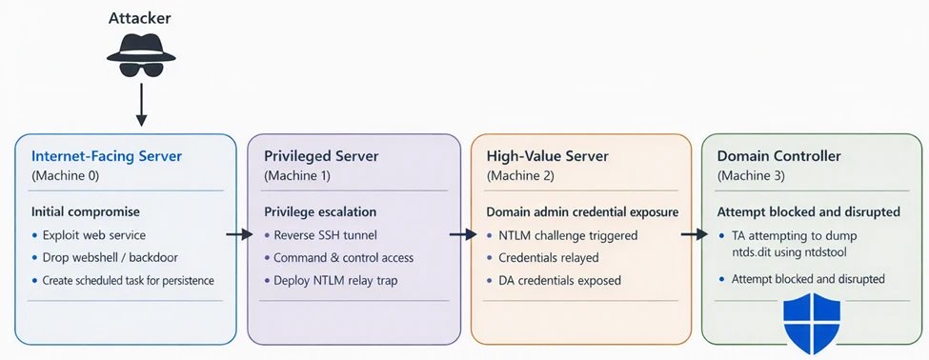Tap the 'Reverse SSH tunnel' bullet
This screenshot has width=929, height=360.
327,234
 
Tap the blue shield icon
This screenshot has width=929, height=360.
810,324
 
